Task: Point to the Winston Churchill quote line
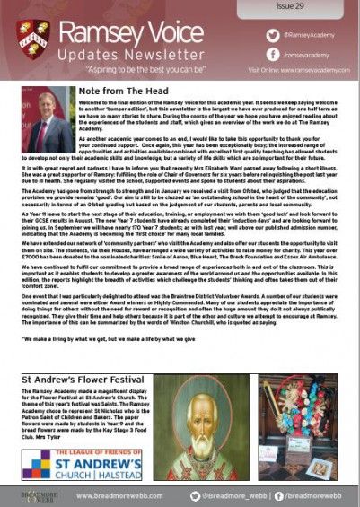(108, 341)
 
